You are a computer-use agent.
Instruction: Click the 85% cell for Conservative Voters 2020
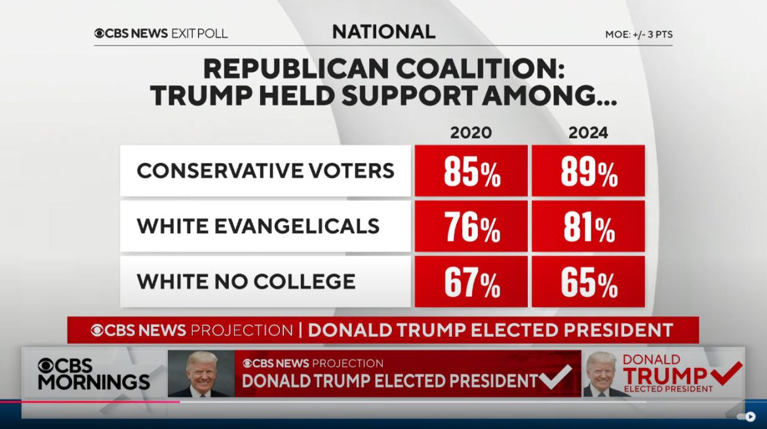click(x=471, y=172)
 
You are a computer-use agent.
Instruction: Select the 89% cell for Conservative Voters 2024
click(x=588, y=172)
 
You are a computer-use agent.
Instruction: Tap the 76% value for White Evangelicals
click(x=471, y=227)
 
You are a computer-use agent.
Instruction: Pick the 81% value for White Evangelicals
click(x=588, y=227)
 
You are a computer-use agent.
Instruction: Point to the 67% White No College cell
click(x=471, y=282)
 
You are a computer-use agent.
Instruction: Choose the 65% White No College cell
click(x=588, y=282)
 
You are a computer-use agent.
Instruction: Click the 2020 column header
click(x=471, y=133)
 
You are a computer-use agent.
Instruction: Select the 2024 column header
click(x=588, y=133)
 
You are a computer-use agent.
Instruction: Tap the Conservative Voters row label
click(x=265, y=171)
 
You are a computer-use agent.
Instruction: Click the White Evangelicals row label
click(x=258, y=226)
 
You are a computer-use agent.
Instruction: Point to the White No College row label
click(x=246, y=282)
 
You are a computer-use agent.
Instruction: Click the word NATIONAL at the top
click(x=383, y=31)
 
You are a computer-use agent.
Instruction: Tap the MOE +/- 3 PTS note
click(x=639, y=34)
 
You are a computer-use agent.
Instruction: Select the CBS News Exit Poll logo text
click(x=161, y=33)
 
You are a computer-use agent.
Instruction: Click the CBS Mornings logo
click(x=93, y=374)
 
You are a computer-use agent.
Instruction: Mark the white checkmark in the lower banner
click(x=555, y=377)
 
